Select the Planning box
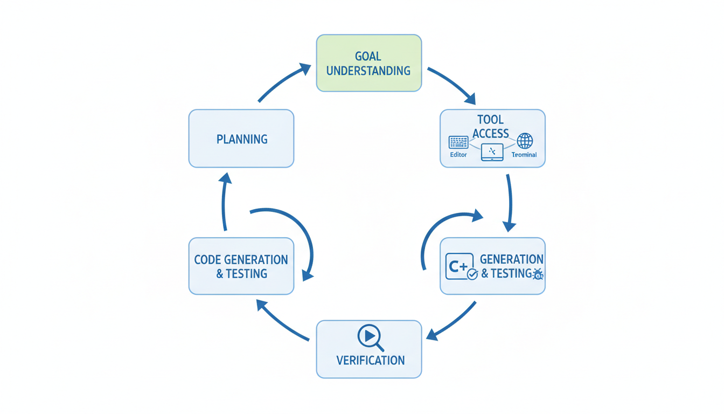point(241,139)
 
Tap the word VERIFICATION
point(370,360)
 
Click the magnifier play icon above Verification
point(370,337)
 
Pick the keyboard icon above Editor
point(458,142)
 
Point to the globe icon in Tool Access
point(525,141)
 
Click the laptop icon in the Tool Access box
point(492,153)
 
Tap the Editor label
point(458,155)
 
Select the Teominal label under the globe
point(524,155)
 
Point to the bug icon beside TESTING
point(537,274)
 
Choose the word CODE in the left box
point(208,259)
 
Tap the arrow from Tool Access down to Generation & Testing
point(509,202)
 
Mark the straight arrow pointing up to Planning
point(225,202)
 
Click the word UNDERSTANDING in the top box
point(368,71)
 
